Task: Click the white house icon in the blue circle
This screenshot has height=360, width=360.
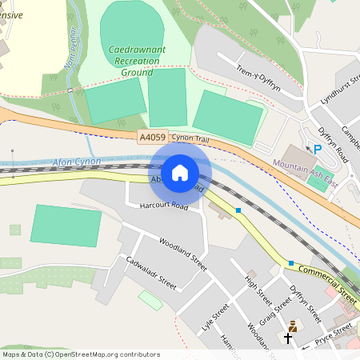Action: click(x=180, y=173)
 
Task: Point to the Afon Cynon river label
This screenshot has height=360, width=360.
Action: click(x=77, y=162)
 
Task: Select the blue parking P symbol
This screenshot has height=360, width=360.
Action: click(x=318, y=149)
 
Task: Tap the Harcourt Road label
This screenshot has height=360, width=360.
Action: click(x=163, y=206)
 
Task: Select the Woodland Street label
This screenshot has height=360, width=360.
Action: click(x=182, y=253)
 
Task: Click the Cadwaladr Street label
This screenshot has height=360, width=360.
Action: click(x=144, y=271)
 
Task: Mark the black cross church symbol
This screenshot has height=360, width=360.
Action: click(x=288, y=338)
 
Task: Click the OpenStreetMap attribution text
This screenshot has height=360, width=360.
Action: click(x=80, y=354)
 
